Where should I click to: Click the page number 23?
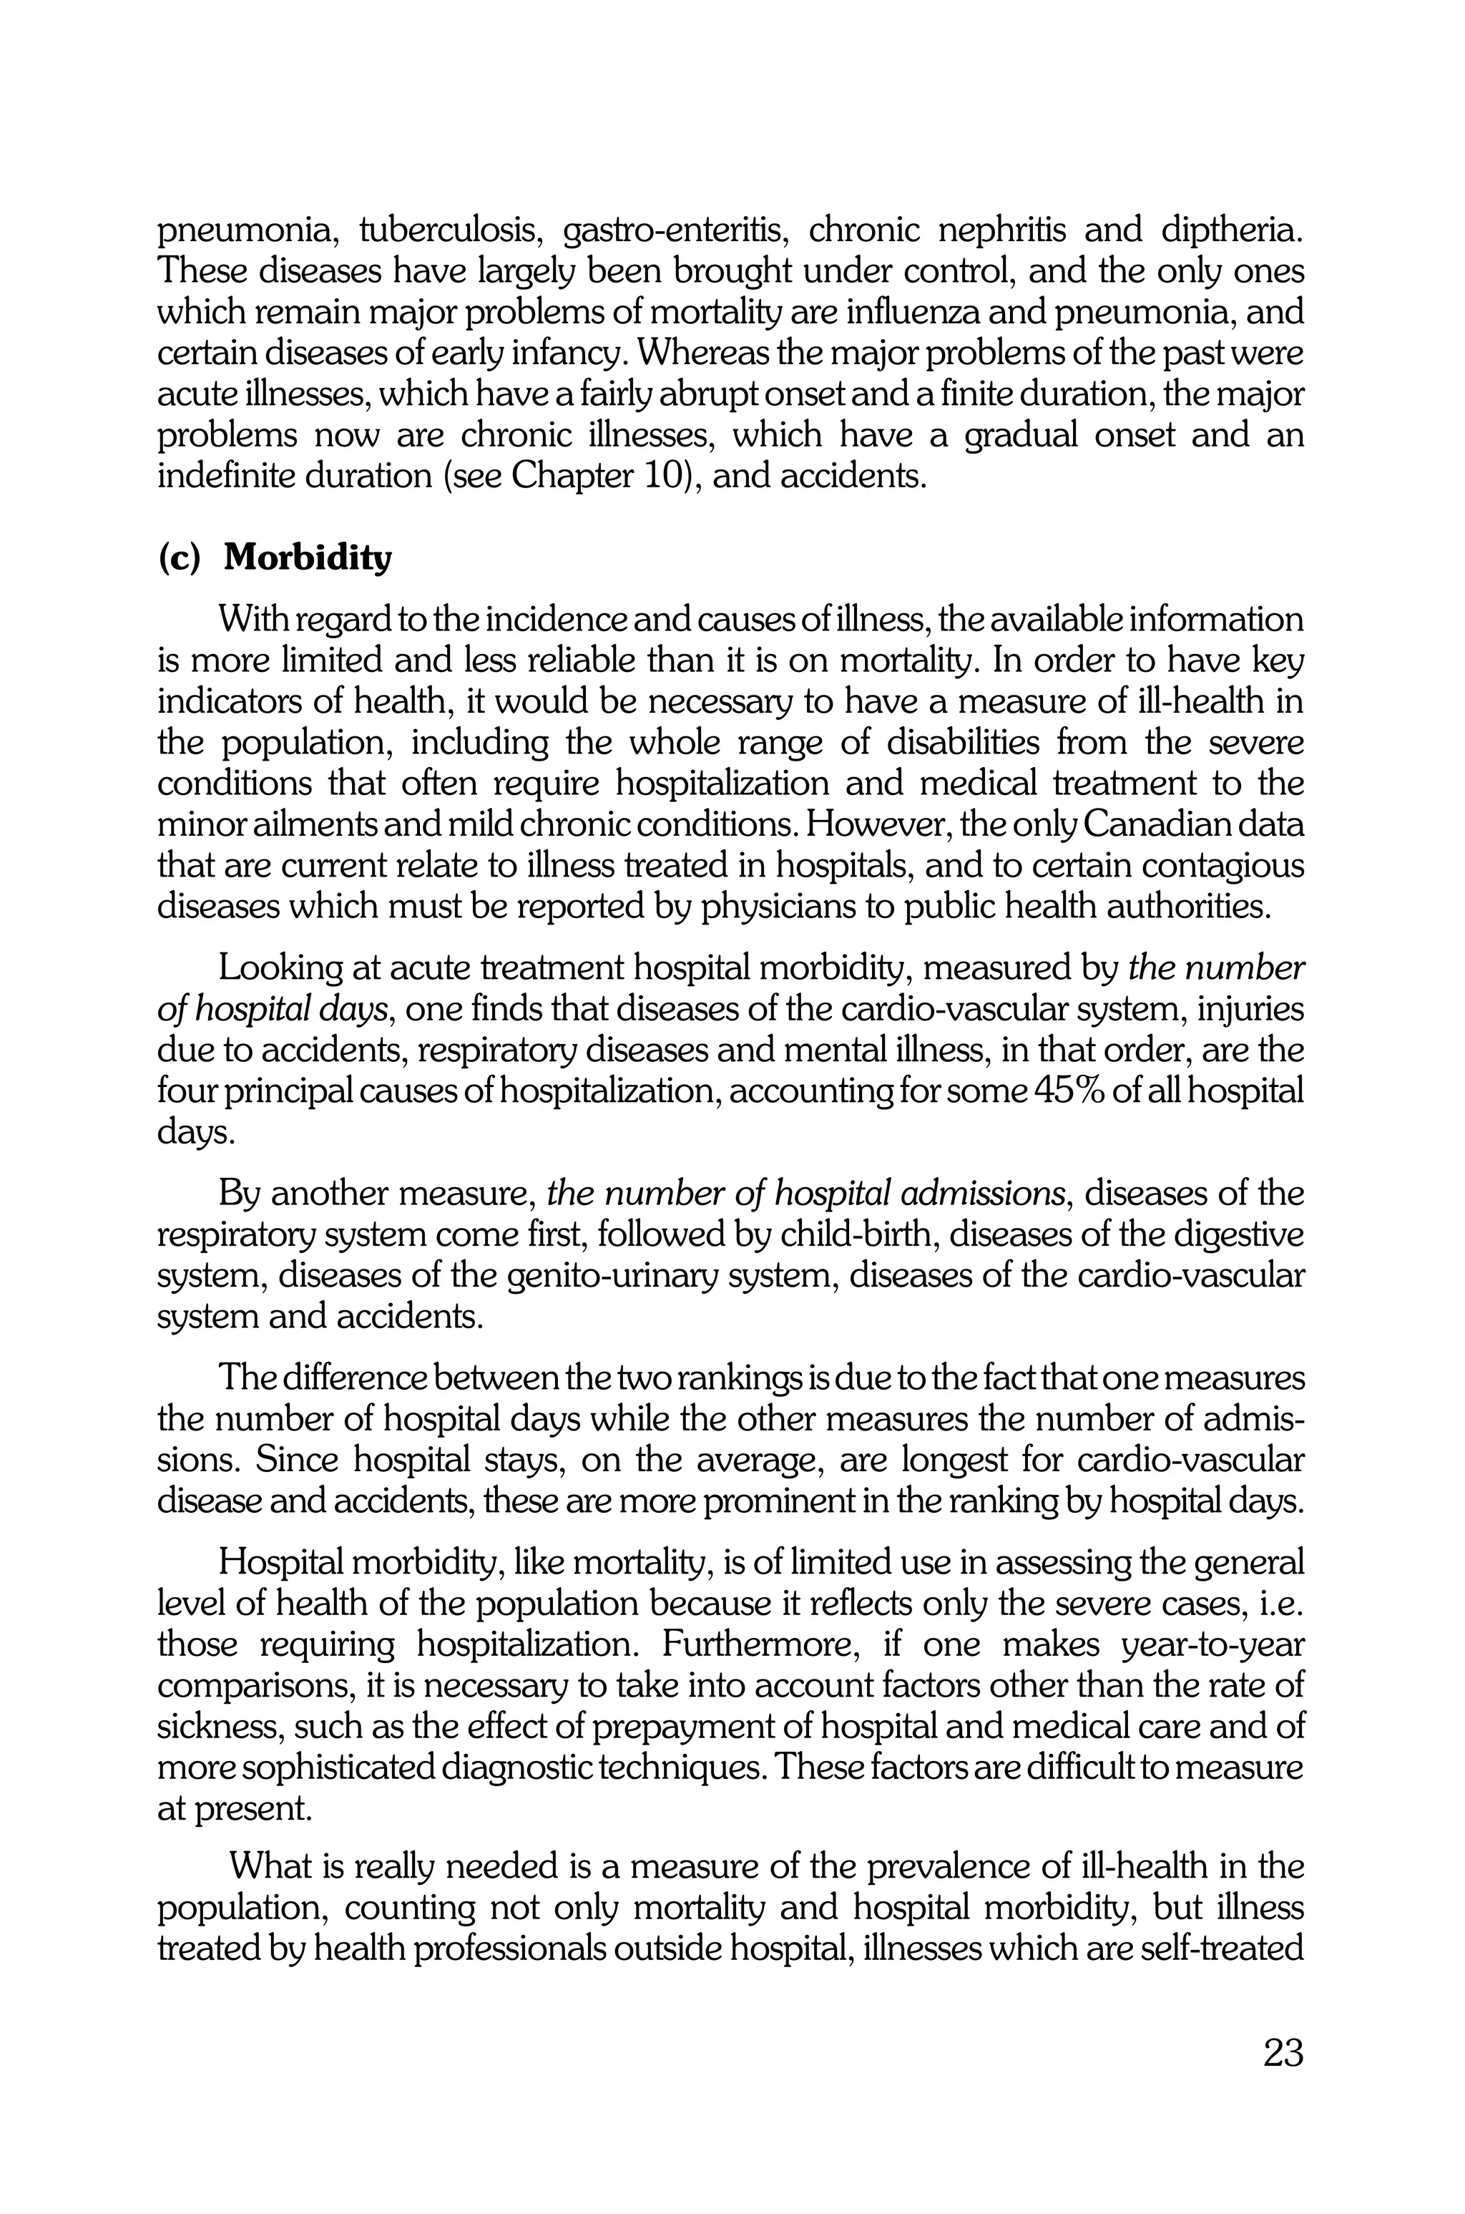(1283, 2054)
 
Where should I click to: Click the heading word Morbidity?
(308, 558)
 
